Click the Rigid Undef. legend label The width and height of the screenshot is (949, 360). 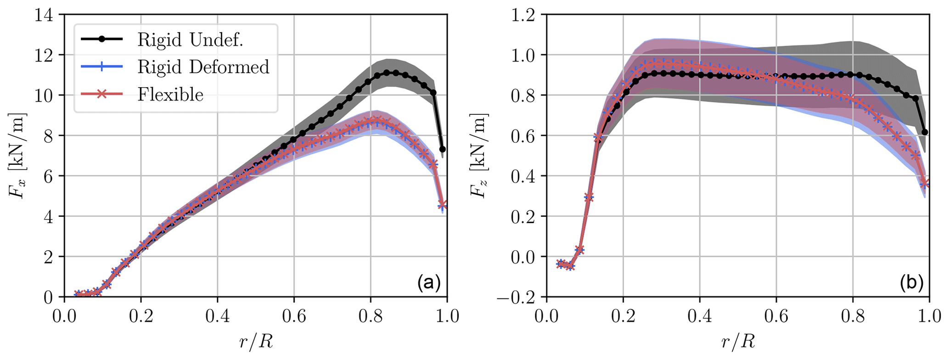point(190,40)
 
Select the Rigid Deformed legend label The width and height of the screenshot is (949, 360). point(203,67)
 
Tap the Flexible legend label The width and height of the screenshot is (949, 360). point(170,95)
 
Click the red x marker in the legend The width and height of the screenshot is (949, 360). point(102,94)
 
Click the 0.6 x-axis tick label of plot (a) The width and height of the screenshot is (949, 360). point(294,317)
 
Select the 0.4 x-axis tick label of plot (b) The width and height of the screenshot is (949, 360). point(699,317)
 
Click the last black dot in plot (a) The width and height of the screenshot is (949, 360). point(443,149)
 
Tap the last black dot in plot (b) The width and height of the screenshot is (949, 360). point(925,132)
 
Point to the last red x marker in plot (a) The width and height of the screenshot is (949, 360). point(443,204)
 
